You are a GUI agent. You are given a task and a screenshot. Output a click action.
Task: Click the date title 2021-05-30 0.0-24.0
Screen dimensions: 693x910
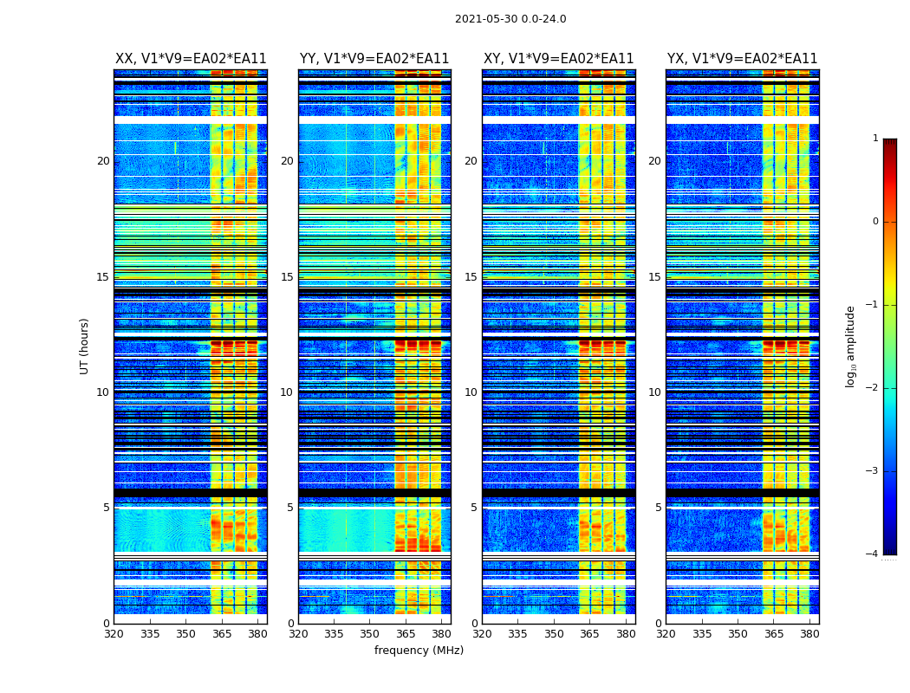(x=510, y=19)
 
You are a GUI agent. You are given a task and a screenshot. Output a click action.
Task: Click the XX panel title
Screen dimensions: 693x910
(x=191, y=59)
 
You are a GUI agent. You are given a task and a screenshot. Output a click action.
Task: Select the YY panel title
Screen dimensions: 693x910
(x=374, y=59)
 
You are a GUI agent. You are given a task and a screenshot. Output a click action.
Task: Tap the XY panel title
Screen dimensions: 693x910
(x=558, y=59)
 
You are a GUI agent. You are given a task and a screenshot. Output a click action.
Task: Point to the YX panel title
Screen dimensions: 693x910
(x=742, y=59)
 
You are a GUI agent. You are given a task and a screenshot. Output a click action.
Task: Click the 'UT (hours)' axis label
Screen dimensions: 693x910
(x=85, y=346)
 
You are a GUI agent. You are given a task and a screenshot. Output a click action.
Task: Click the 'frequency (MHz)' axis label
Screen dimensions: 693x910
(x=419, y=651)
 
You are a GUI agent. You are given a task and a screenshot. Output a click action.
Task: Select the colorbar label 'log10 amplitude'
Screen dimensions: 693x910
(x=851, y=346)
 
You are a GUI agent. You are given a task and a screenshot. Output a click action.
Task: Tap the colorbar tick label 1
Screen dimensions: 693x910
(x=875, y=139)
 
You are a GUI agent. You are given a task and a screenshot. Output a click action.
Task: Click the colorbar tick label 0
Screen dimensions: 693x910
(x=875, y=222)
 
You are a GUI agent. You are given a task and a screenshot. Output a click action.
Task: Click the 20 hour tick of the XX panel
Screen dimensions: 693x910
(x=103, y=161)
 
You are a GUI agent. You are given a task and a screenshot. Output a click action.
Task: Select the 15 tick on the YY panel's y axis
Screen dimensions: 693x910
(x=287, y=277)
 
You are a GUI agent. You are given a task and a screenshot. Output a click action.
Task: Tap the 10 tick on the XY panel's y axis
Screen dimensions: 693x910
(x=471, y=392)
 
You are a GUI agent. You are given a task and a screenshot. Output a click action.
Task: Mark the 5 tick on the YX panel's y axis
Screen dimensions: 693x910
(x=658, y=508)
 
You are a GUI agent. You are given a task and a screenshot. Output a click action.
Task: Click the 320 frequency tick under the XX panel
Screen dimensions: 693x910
(x=114, y=634)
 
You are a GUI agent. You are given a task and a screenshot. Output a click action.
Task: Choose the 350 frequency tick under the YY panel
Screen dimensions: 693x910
(x=370, y=634)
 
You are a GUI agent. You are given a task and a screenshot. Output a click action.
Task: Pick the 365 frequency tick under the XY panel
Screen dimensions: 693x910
(x=589, y=634)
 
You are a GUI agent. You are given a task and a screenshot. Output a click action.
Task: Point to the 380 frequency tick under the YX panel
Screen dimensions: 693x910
(x=809, y=634)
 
